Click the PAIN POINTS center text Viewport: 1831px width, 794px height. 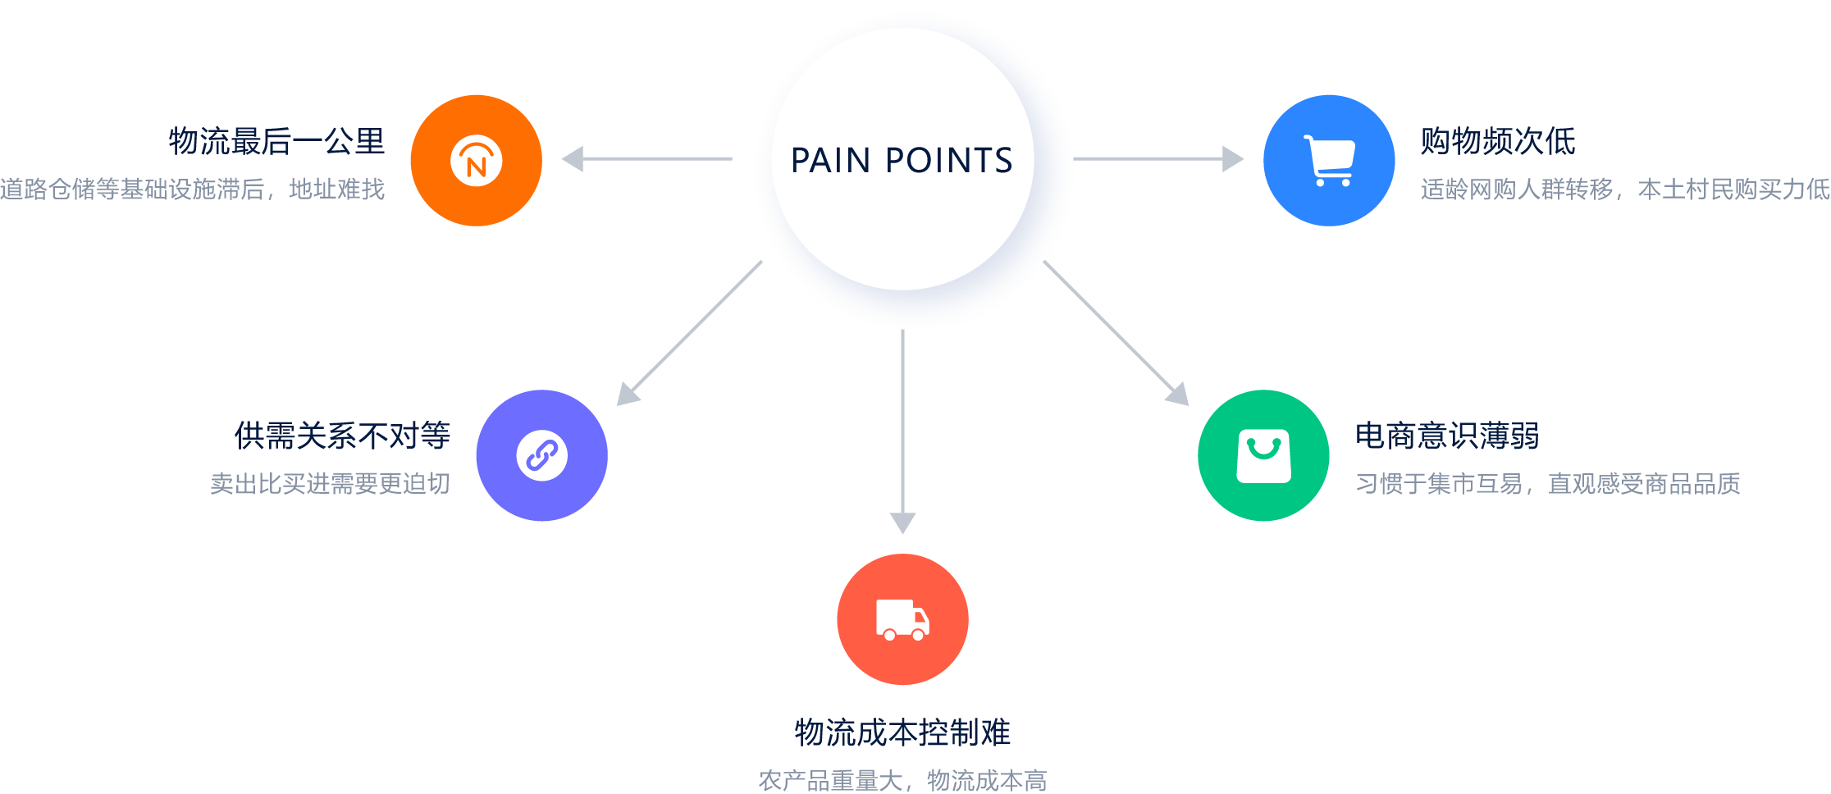click(x=902, y=160)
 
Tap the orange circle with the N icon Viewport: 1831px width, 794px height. click(x=476, y=160)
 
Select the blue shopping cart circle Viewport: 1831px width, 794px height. click(x=1329, y=160)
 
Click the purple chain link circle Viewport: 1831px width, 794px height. click(x=541, y=455)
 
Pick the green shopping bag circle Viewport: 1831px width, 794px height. click(x=1263, y=455)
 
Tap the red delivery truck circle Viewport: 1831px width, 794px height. click(x=902, y=619)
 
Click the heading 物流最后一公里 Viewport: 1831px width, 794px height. click(x=276, y=141)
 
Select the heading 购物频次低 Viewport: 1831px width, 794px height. click(x=1498, y=141)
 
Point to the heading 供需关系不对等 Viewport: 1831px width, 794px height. click(x=342, y=436)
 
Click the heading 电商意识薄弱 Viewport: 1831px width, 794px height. click(x=1447, y=436)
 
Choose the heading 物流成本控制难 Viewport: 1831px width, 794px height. click(x=902, y=732)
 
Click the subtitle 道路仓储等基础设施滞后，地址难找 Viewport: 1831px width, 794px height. click(x=193, y=189)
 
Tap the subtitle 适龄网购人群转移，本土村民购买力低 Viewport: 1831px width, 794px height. click(x=1625, y=189)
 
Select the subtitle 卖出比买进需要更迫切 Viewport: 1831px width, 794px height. click(x=330, y=484)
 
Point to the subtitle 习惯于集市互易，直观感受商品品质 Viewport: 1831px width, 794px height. click(x=1547, y=484)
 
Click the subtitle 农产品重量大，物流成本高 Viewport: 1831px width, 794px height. click(x=902, y=780)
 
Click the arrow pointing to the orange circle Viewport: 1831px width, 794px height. click(x=648, y=158)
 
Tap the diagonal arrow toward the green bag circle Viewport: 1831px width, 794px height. click(x=1116, y=332)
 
